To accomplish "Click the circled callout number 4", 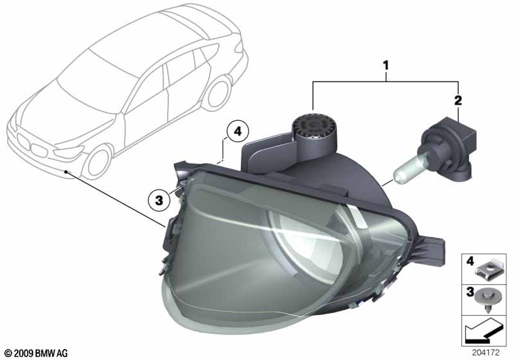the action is tap(237, 132).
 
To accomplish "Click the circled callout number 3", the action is tap(159, 200).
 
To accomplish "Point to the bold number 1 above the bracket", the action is tap(386, 65).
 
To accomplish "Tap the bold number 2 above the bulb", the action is tap(457, 100).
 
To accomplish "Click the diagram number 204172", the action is tap(486, 353).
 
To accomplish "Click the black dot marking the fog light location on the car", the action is tap(66, 172).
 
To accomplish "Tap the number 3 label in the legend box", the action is tap(470, 291).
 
